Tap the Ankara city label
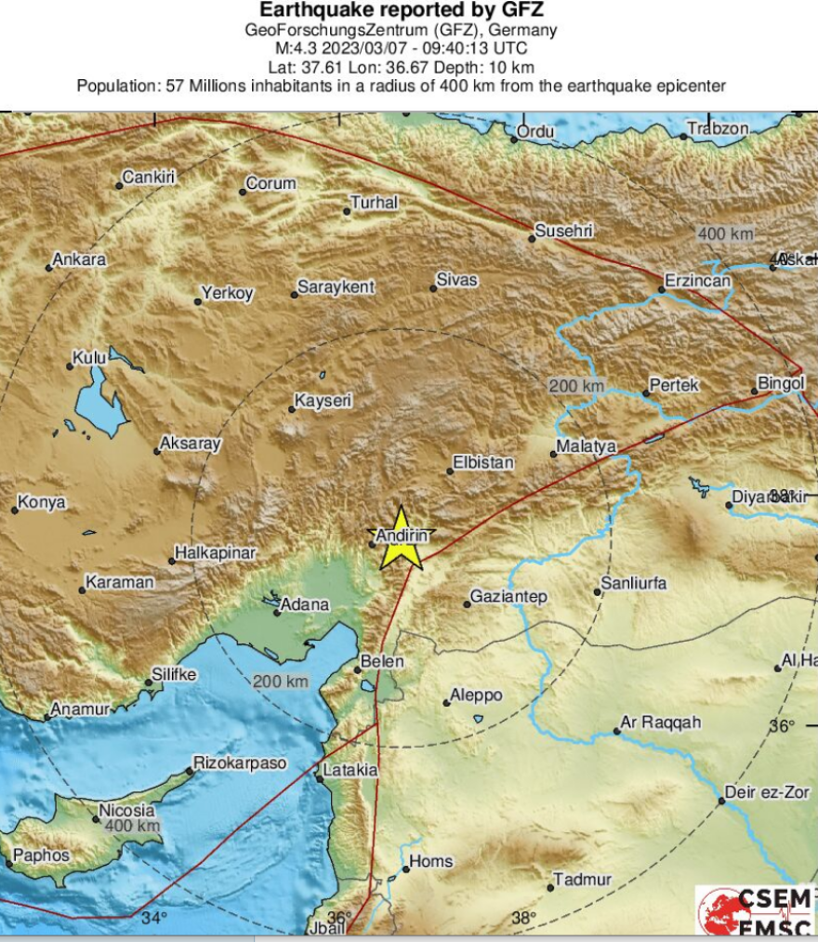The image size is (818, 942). (79, 260)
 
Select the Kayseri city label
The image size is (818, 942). (323, 402)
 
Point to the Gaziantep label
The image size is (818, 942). (508, 597)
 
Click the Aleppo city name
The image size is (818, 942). (475, 696)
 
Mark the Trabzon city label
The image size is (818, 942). (718, 129)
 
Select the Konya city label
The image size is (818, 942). (42, 502)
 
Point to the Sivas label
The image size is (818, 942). (456, 280)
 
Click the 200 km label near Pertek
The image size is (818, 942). (575, 386)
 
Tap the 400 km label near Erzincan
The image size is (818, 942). (725, 234)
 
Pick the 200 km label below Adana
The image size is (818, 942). (281, 682)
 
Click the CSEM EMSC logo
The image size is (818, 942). (756, 911)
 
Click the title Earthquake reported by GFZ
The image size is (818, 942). (401, 11)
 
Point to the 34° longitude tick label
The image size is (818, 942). (154, 919)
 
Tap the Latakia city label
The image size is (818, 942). (350, 771)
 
